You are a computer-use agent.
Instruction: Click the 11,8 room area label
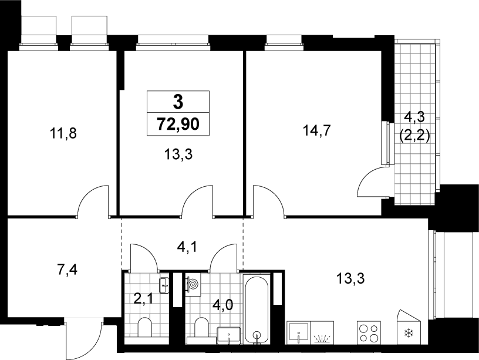tap(63, 134)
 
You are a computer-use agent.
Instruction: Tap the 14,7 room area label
tap(317, 131)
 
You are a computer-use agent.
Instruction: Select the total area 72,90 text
tap(178, 124)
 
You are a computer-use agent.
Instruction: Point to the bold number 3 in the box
tap(178, 102)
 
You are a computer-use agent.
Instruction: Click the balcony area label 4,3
tap(414, 117)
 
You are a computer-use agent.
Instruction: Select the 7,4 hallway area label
tap(68, 270)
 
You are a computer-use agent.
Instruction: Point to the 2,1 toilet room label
tap(144, 299)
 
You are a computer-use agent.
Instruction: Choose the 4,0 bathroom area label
tap(222, 305)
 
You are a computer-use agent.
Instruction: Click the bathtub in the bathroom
tap(257, 310)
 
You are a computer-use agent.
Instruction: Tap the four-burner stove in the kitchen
tap(369, 332)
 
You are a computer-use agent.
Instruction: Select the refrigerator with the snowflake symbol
tap(409, 327)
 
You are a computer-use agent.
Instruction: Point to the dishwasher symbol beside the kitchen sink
tap(322, 333)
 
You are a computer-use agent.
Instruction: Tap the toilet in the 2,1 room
tap(145, 328)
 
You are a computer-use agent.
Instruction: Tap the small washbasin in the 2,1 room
tap(164, 285)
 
